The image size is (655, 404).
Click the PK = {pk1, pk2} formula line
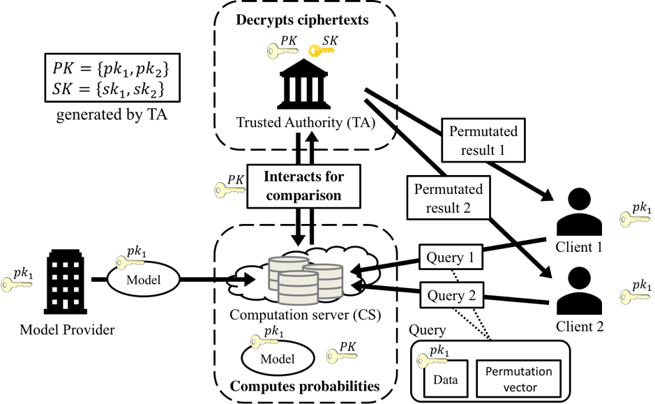[112, 70]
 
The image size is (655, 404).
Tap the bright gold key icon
[322, 50]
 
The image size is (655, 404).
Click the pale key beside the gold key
[282, 51]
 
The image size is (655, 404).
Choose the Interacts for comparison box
[303, 186]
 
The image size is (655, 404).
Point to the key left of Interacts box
[229, 189]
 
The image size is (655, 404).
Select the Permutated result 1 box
[483, 140]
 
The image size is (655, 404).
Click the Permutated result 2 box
[448, 198]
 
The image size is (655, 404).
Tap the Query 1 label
[451, 257]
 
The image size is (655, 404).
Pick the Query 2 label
[451, 296]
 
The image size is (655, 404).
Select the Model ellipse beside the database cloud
[143, 280]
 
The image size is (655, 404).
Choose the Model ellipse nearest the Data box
[277, 359]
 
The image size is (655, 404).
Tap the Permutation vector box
[518, 379]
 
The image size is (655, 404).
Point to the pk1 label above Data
[439, 351]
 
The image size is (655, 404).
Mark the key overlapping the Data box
[431, 361]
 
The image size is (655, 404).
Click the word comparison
[303, 195]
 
